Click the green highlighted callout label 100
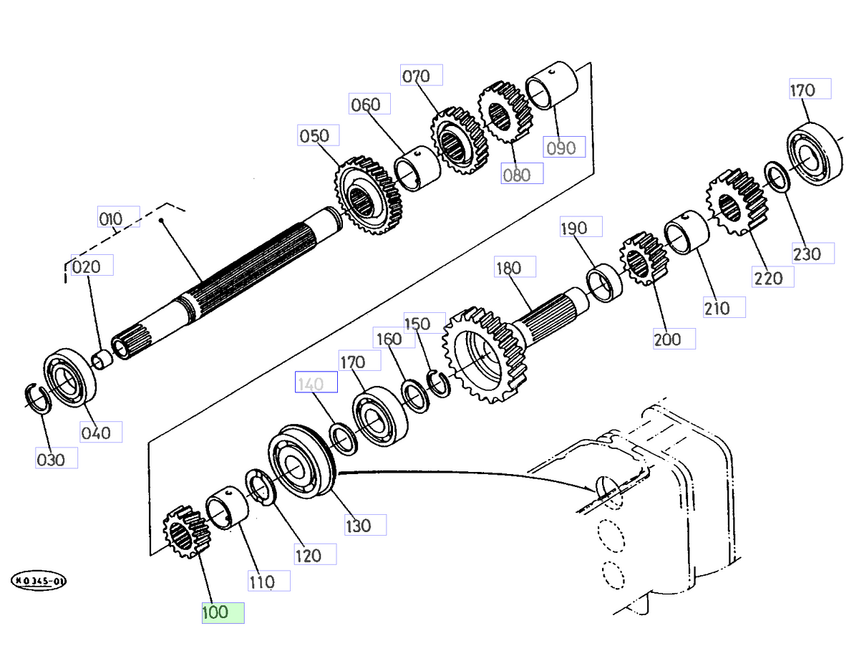(x=223, y=613)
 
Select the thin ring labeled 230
(x=776, y=177)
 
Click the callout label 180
(x=515, y=268)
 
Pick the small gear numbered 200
(x=642, y=259)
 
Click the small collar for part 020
(x=104, y=359)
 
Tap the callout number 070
(x=422, y=75)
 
